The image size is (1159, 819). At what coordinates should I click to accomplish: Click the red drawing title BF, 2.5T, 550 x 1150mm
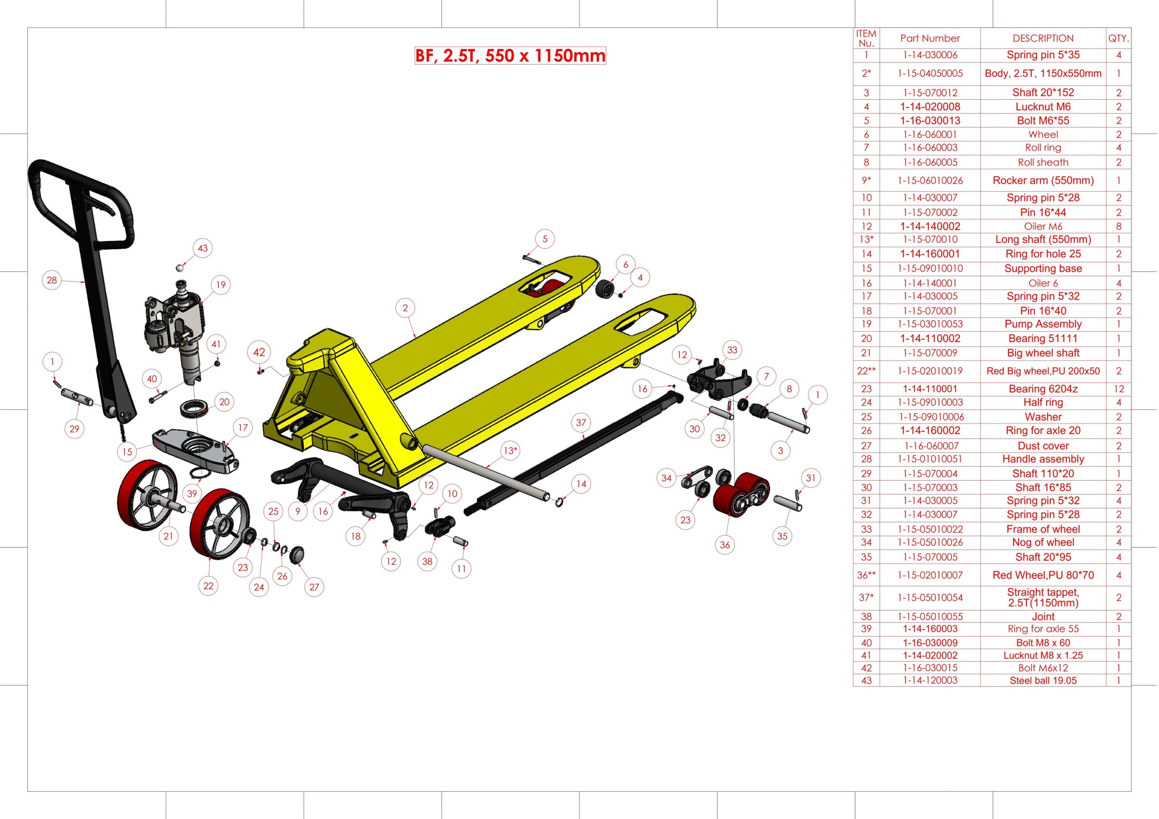(x=510, y=56)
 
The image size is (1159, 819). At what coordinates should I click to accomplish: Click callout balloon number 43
(x=202, y=248)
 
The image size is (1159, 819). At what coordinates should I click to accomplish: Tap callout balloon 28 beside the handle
(x=52, y=280)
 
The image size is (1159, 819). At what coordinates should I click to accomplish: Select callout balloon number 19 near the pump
(x=220, y=285)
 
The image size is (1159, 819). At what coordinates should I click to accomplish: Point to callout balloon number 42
(x=259, y=352)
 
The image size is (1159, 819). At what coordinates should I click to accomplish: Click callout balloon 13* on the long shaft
(x=510, y=450)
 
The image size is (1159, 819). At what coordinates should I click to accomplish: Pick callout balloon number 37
(x=581, y=423)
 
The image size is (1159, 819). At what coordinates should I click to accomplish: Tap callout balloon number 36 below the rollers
(x=725, y=545)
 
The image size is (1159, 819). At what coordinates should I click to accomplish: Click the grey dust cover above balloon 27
(x=297, y=554)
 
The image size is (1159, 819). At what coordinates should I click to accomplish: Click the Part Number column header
(x=930, y=39)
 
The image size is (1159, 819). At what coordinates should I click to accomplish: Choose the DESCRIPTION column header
(x=1043, y=39)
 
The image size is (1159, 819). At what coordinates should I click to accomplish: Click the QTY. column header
(x=1119, y=39)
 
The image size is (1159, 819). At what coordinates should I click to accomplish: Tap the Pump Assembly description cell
(x=1043, y=324)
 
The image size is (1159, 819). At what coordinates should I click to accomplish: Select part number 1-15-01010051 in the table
(x=930, y=459)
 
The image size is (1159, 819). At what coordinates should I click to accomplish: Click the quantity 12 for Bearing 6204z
(x=1119, y=389)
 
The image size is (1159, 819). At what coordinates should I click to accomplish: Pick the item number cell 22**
(x=866, y=371)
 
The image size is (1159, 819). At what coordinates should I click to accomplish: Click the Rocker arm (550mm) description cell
(x=1043, y=180)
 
